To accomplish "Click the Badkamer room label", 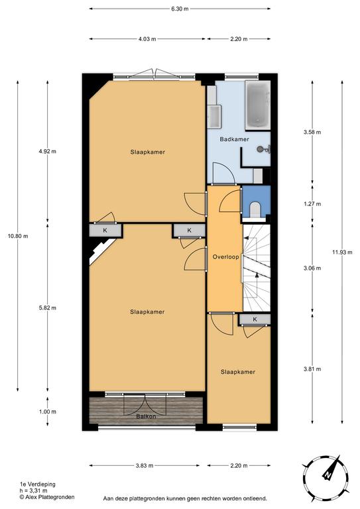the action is pos(234,139).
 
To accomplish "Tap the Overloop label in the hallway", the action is pos(225,256).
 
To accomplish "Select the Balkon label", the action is pos(146,416).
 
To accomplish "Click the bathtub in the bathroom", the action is pos(258,105).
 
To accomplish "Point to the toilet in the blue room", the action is pos(255,209).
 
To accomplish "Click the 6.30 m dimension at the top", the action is pos(180,9).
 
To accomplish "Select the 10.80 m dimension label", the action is pos(18,236).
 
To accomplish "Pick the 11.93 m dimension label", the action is pos(342,252).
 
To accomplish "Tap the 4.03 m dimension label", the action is pos(147,39).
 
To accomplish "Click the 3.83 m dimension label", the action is pos(145,465).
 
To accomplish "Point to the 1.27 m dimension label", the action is pos(312,204).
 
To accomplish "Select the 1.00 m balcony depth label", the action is pos(47,412).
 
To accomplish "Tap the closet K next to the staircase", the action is pos(255,319).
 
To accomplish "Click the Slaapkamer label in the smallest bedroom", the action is pos(237,372).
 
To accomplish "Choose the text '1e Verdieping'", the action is pos(38,484).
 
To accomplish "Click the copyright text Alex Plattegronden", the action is pos(47,497).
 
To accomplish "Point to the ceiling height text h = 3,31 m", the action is pos(33,490).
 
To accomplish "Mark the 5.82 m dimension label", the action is pos(47,308).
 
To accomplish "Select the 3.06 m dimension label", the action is pos(312,268).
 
